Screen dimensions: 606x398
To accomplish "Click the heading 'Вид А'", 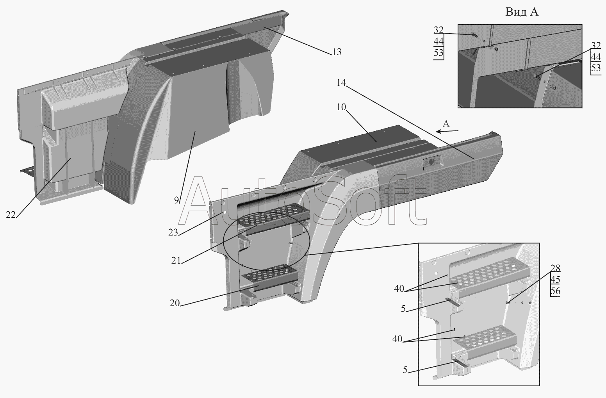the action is (522, 12).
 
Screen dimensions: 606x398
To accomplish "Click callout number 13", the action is (337, 52).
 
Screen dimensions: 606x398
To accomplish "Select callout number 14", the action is (341, 83).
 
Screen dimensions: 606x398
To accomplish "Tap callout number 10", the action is (341, 107).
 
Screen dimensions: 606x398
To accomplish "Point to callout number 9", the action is (176, 200).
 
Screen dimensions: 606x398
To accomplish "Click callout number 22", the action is (11, 215).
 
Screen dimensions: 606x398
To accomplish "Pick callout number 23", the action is (173, 232).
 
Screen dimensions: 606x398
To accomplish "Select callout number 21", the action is (176, 260).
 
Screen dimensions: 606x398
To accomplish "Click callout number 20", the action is (175, 303).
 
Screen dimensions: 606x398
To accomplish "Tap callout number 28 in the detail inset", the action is (555, 268).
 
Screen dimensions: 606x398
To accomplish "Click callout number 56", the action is (555, 291).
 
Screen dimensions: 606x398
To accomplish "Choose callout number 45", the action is (555, 280).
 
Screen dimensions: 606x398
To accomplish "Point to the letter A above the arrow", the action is (446, 124).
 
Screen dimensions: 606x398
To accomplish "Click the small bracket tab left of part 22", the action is (28, 170).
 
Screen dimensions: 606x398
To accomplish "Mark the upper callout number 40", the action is (399, 289).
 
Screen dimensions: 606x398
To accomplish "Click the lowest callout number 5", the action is (405, 370).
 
